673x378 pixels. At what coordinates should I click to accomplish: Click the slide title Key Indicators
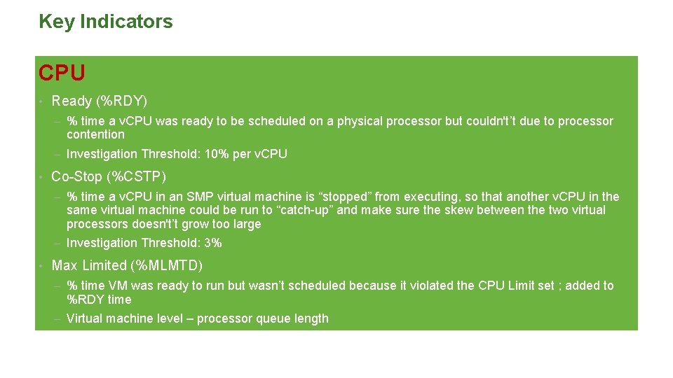click(105, 22)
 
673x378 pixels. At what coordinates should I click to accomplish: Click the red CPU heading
click(62, 73)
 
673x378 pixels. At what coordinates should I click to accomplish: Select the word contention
click(95, 134)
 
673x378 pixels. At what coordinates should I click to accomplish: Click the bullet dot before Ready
click(42, 102)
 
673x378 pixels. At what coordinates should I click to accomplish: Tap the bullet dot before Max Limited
click(42, 266)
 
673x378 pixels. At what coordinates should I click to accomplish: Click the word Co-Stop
click(76, 176)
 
